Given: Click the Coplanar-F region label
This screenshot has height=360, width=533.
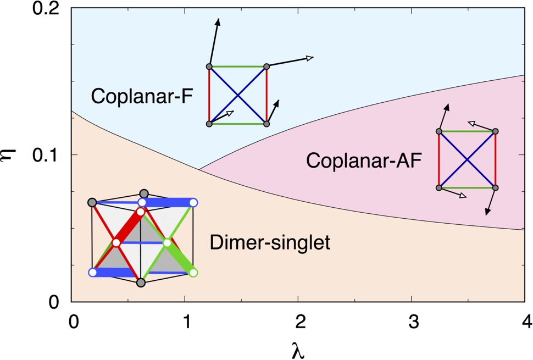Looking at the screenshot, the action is (142, 96).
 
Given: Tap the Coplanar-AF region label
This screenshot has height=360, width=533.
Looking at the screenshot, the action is (364, 160).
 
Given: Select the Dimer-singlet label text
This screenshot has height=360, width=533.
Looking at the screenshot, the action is (270, 243).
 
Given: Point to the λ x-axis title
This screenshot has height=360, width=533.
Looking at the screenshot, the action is (298, 350).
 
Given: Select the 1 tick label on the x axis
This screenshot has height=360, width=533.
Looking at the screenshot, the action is (186, 322).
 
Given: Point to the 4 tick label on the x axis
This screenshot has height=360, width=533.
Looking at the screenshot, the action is (526, 322).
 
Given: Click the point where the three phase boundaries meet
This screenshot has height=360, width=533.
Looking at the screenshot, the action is (199, 169).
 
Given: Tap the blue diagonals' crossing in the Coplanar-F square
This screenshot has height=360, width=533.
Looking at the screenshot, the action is (238, 96).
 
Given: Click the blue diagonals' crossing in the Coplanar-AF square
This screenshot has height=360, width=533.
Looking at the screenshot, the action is (467, 159).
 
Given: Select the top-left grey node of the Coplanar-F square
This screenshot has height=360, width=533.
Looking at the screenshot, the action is (209, 67).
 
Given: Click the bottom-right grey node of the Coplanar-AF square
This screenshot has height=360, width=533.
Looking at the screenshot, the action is (495, 187).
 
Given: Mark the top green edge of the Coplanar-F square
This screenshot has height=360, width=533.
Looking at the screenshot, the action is (238, 67).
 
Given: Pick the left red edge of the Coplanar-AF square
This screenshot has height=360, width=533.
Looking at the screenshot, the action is (439, 159).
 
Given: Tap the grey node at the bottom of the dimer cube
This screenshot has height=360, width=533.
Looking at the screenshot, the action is (141, 283).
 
